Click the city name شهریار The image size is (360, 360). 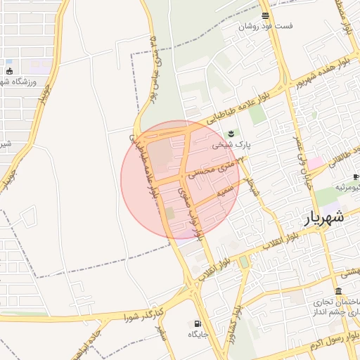pos(324,217)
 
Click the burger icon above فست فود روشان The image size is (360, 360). pos(264,15)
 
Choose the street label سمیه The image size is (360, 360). pos(225,191)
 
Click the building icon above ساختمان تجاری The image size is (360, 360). pos(339,292)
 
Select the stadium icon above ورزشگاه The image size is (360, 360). pos(9,71)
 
